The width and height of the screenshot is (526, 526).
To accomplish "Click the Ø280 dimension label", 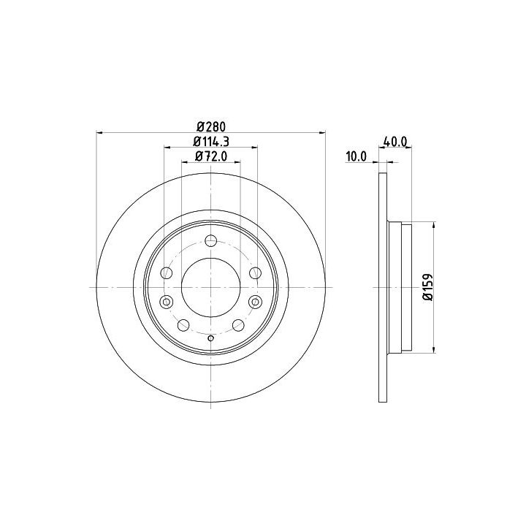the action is coord(211,127).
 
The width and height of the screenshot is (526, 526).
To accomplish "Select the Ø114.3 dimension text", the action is coord(211,142).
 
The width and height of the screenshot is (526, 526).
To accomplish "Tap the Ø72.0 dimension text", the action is coord(211,156).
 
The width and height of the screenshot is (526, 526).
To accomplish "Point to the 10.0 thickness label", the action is coord(357,156).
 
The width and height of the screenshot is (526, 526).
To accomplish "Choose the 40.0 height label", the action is coord(394,142).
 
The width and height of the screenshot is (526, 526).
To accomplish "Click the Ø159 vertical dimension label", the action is coord(428,287).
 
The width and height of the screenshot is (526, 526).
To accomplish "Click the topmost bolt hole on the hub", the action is coord(210,240).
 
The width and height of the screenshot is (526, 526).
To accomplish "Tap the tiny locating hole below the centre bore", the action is coord(210,338).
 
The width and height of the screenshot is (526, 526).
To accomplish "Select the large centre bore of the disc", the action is coord(210,288).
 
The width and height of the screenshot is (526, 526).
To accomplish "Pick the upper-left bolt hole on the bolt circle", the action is coord(167,272).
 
